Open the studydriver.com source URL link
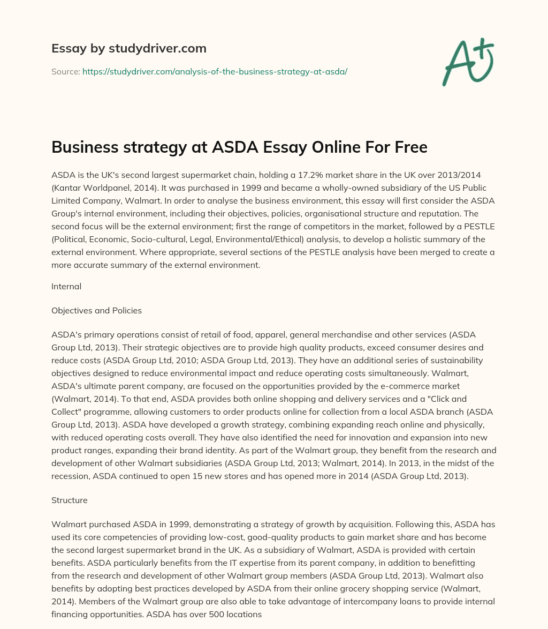[x=215, y=71]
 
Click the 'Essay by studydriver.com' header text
[x=128, y=48]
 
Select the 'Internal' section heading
[x=66, y=286]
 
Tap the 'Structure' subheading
[x=69, y=500]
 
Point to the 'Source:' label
[x=65, y=71]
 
